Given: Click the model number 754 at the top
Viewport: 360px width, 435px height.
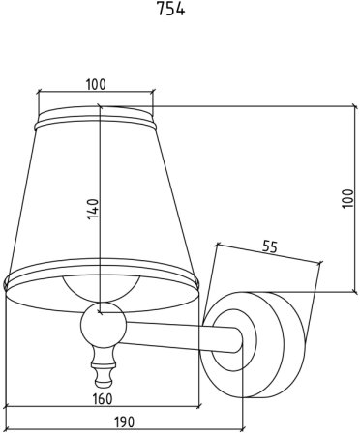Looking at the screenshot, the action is (x=170, y=10).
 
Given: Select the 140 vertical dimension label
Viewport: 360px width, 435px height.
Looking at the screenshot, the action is (x=93, y=209).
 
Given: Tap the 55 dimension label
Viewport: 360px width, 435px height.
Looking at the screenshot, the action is (x=270, y=246).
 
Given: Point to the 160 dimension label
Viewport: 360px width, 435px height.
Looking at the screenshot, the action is (x=103, y=399).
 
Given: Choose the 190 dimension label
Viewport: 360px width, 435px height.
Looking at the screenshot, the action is (x=124, y=421).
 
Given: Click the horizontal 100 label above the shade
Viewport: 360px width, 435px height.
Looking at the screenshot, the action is (x=96, y=84).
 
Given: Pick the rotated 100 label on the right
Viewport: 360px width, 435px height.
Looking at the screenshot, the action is (x=347, y=198).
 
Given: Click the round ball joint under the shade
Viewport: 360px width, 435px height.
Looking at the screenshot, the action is (x=103, y=324).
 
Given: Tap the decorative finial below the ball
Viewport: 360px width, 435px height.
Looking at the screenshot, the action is (x=103, y=365).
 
